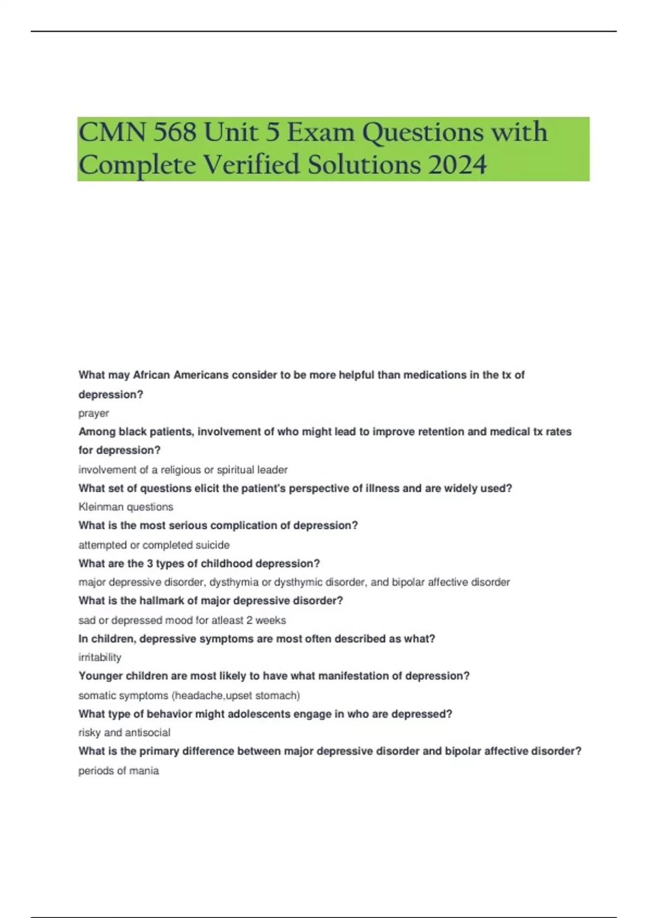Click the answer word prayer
click(x=93, y=414)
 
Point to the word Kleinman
click(x=101, y=507)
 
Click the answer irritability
click(x=100, y=658)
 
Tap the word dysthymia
click(x=234, y=583)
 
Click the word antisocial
click(x=147, y=733)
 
